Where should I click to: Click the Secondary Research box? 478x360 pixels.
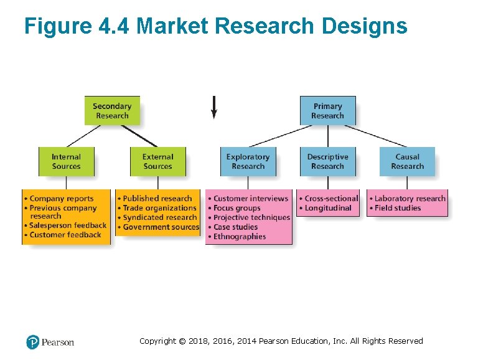(x=112, y=110)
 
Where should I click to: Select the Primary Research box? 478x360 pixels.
(x=327, y=110)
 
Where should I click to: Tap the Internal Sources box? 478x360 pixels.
(x=66, y=161)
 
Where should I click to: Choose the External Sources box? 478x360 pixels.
(x=157, y=161)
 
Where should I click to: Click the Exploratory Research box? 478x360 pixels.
(x=248, y=161)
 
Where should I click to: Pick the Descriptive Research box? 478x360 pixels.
(x=327, y=161)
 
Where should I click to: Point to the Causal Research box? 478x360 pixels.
(x=407, y=161)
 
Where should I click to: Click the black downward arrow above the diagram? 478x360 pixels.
(x=214, y=107)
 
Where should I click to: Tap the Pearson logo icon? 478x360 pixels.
(x=33, y=342)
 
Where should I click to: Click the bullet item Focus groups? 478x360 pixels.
(x=237, y=208)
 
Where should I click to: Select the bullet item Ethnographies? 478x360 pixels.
(x=240, y=237)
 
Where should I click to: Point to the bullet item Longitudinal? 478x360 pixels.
(x=328, y=208)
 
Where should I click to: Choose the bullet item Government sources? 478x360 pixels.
(x=161, y=227)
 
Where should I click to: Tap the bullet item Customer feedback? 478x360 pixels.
(x=65, y=235)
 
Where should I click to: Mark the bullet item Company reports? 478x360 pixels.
(x=61, y=199)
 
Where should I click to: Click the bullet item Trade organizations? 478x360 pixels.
(x=159, y=208)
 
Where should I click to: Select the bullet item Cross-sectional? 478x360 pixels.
(x=331, y=199)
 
